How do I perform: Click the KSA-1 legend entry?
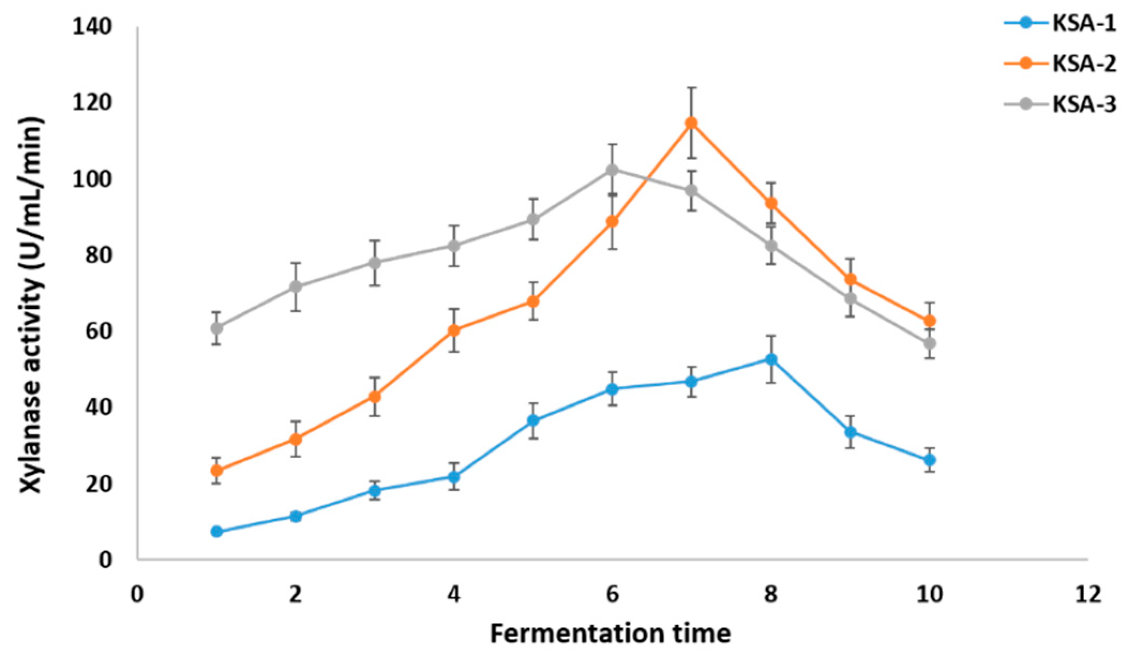click(1060, 24)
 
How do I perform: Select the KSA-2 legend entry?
click(1060, 64)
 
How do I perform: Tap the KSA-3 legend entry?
click(1060, 104)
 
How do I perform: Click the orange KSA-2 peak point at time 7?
click(691, 123)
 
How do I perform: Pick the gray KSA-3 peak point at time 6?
click(612, 170)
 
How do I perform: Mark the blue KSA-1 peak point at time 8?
click(771, 359)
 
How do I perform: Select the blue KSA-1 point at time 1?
click(216, 531)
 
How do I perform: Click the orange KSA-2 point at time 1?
click(216, 470)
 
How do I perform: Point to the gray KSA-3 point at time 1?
click(216, 327)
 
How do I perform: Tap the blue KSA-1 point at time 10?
click(929, 460)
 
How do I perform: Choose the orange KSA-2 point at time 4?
click(454, 330)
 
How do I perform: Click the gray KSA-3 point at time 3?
click(375, 262)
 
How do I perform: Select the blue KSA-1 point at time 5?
click(533, 420)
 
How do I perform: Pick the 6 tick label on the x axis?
click(612, 594)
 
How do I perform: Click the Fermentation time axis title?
click(610, 634)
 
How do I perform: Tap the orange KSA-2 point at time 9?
click(850, 280)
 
